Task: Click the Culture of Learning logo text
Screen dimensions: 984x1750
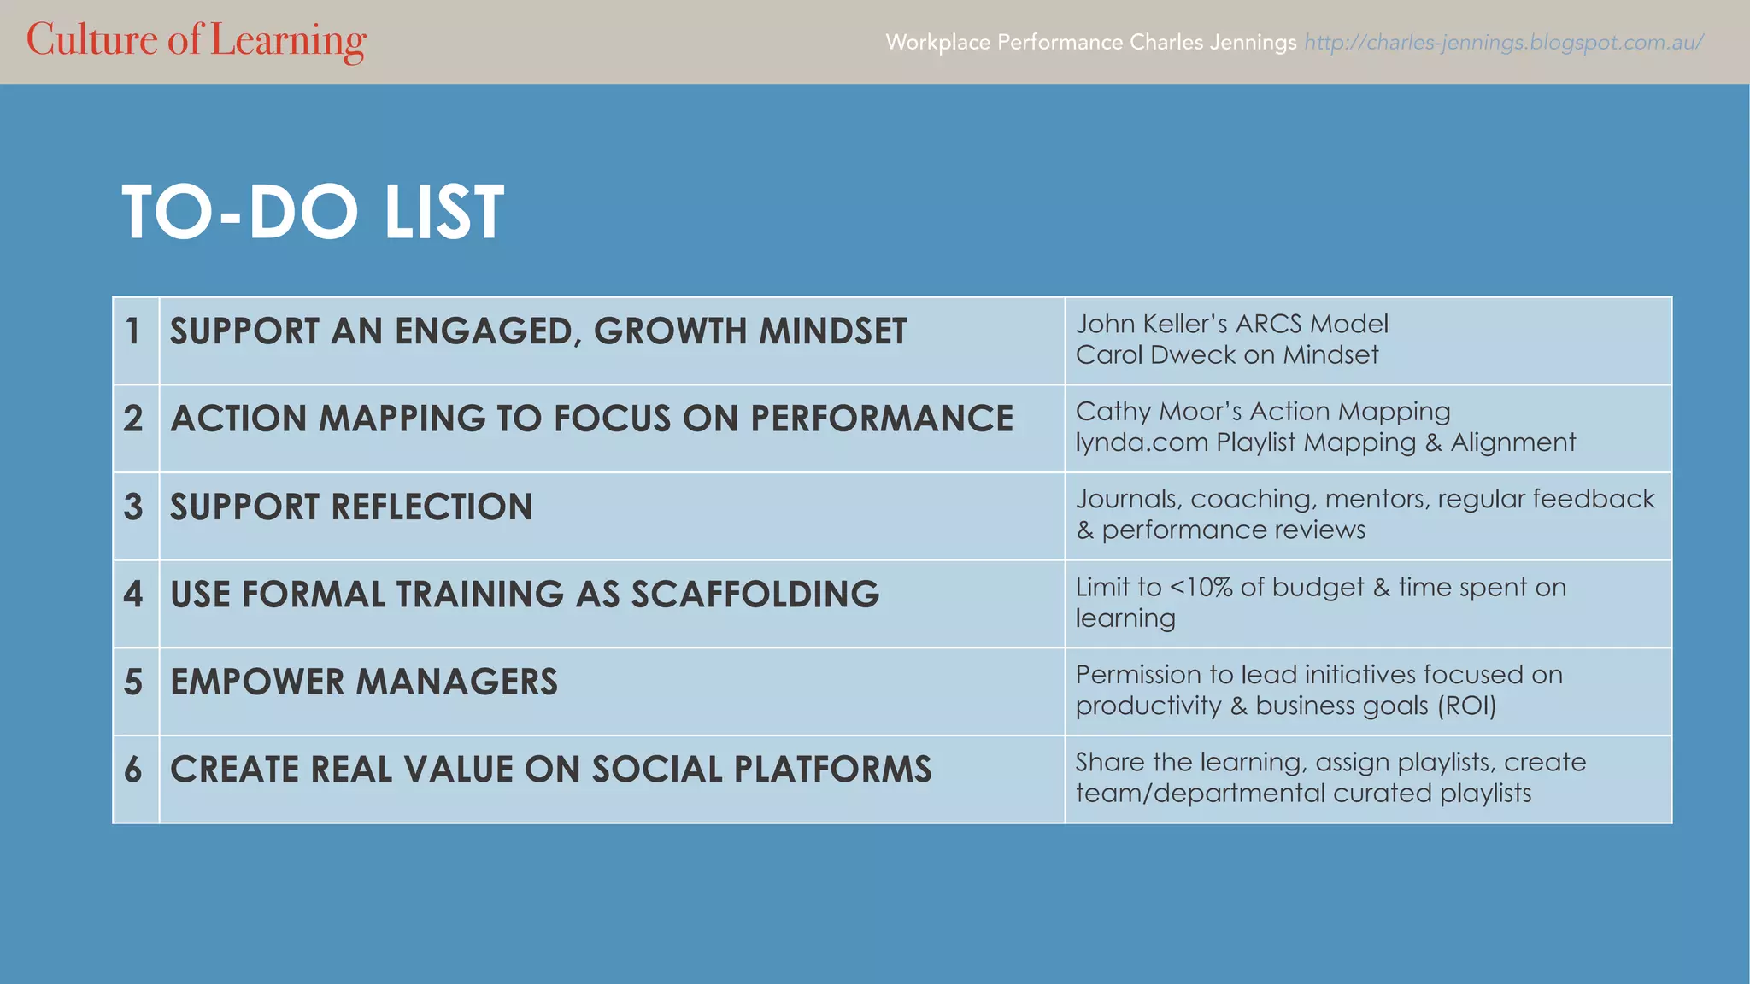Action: pyautogui.click(x=196, y=40)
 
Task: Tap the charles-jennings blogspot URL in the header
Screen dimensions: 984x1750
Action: pyautogui.click(x=1503, y=42)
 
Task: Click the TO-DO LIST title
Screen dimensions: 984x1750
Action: pyautogui.click(x=313, y=212)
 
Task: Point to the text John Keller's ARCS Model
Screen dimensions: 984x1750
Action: pyautogui.click(x=1230, y=324)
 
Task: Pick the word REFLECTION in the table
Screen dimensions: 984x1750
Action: pyautogui.click(x=432, y=507)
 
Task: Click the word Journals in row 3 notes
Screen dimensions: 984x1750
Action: pyautogui.click(x=1128, y=499)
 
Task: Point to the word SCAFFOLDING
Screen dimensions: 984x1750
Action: pyautogui.click(x=755, y=594)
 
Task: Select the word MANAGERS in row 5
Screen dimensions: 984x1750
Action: pyautogui.click(x=456, y=682)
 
